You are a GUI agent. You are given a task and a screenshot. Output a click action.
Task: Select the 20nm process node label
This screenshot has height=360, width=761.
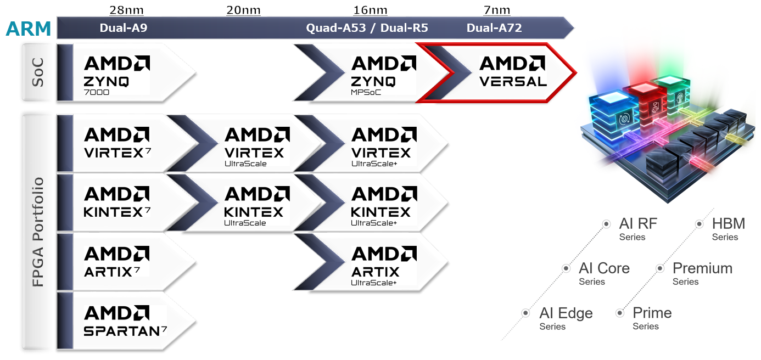click(243, 10)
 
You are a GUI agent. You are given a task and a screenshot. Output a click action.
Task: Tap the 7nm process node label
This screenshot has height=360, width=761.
click(497, 10)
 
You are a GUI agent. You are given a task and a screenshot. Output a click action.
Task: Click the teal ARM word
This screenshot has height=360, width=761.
click(28, 29)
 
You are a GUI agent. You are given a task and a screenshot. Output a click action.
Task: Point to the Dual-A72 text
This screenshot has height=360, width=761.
click(494, 27)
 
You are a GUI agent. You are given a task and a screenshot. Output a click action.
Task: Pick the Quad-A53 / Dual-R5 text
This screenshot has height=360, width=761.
click(367, 27)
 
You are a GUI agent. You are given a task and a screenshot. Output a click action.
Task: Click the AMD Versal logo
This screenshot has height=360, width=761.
click(513, 71)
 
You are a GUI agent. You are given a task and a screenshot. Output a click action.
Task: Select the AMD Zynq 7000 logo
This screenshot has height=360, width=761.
click(117, 74)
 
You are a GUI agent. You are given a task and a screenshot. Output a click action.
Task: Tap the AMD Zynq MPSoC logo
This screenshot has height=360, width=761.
click(384, 74)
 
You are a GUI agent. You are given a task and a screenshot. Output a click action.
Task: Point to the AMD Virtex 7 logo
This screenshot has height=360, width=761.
click(117, 143)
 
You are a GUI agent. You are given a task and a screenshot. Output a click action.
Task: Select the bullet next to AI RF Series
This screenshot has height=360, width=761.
click(606, 224)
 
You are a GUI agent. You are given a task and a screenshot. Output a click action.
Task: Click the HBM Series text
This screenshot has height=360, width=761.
click(728, 229)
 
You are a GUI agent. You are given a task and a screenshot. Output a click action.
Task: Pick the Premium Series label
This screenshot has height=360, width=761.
click(702, 273)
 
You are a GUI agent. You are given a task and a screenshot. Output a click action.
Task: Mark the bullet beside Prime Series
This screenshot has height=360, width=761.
click(620, 313)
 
